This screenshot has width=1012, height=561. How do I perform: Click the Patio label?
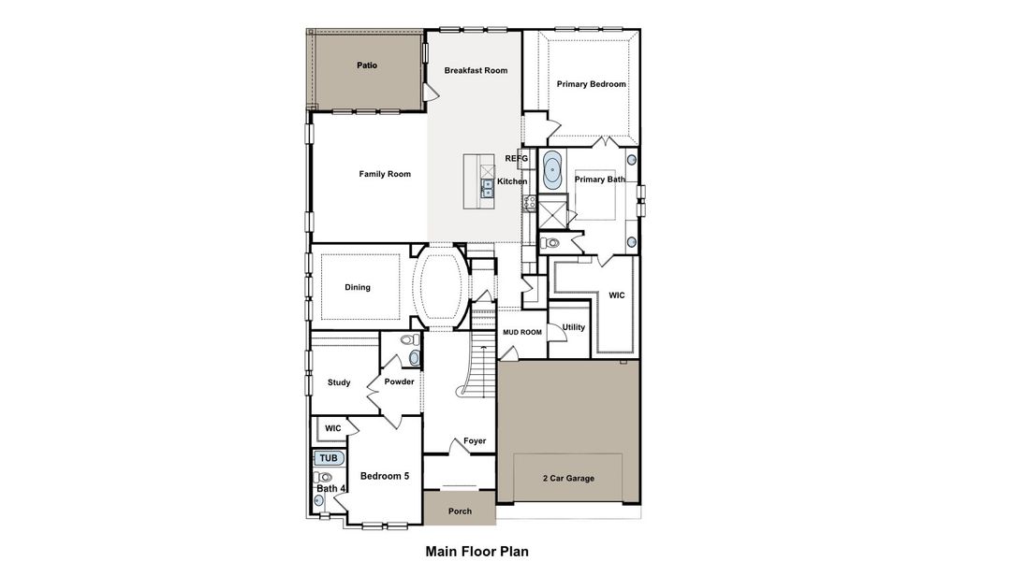[x=367, y=65]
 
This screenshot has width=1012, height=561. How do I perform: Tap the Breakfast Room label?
[x=476, y=70]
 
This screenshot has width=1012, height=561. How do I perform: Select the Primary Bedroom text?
[x=591, y=84]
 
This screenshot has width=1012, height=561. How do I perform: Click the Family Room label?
[x=385, y=174]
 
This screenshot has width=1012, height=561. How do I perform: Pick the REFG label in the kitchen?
[x=517, y=158]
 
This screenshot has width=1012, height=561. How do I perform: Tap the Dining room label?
[x=358, y=287]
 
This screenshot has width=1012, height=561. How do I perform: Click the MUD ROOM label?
[x=522, y=332]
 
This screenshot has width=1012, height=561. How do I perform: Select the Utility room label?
[x=573, y=327]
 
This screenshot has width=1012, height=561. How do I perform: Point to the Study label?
[x=339, y=382]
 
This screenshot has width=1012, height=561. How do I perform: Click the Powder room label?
[x=399, y=381]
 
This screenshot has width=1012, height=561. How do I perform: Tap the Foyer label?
[x=475, y=441]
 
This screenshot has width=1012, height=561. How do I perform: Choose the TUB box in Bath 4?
[x=329, y=458]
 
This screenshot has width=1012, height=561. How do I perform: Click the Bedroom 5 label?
[x=385, y=476]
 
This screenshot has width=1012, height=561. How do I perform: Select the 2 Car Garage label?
[x=568, y=479]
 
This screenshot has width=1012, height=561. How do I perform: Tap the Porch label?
[x=460, y=511]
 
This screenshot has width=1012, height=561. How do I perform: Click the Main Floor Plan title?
[x=477, y=551]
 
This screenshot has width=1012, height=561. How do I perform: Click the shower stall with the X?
[x=553, y=213]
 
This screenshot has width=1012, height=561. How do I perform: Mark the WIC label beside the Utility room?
[x=616, y=295]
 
